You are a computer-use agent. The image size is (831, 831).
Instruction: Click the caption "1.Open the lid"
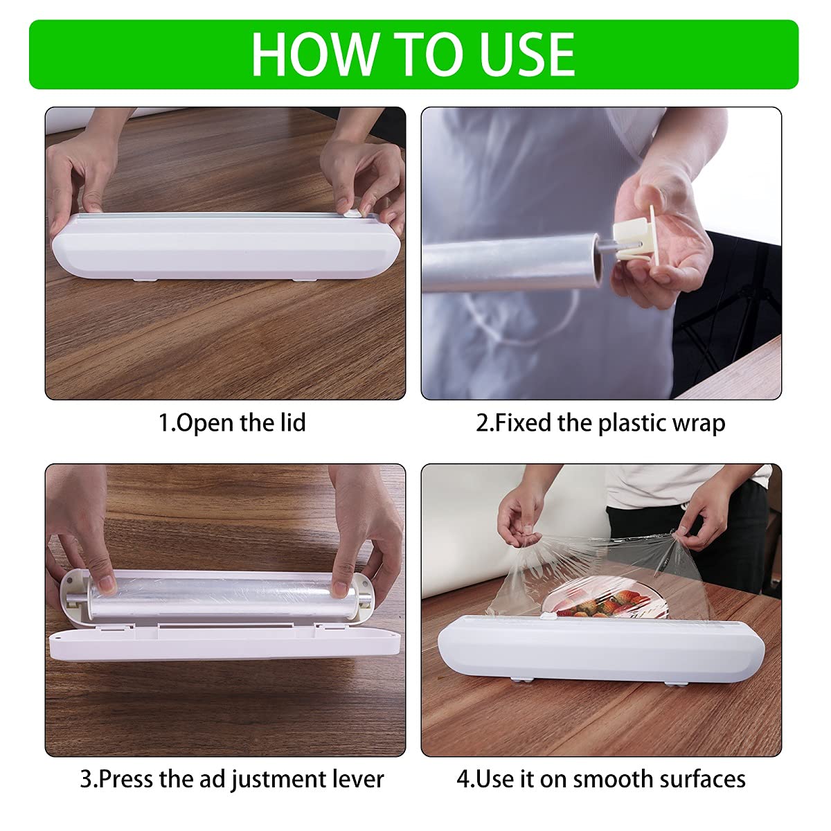pos(232,422)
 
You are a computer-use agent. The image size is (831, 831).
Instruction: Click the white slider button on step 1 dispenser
pos(353,215)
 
